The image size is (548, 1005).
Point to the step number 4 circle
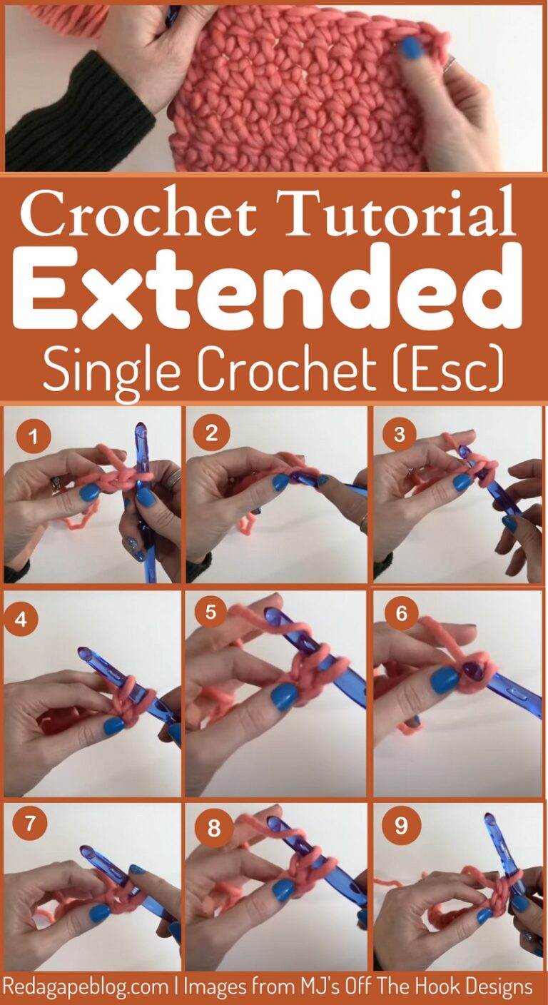click(21, 619)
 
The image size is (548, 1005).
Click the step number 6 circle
click(401, 614)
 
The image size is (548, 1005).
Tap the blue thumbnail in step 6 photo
click(444, 680)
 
